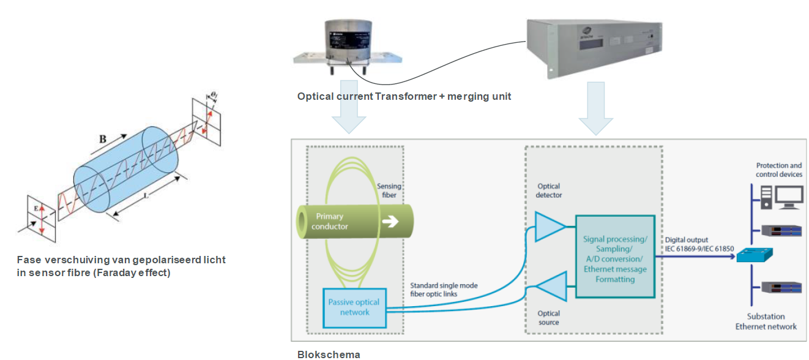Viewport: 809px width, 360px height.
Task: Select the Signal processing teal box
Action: tap(615, 255)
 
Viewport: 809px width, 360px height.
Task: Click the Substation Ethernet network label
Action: tap(766, 321)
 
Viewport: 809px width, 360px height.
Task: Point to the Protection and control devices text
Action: tap(778, 170)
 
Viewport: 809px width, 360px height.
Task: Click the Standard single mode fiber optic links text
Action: tap(444, 290)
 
